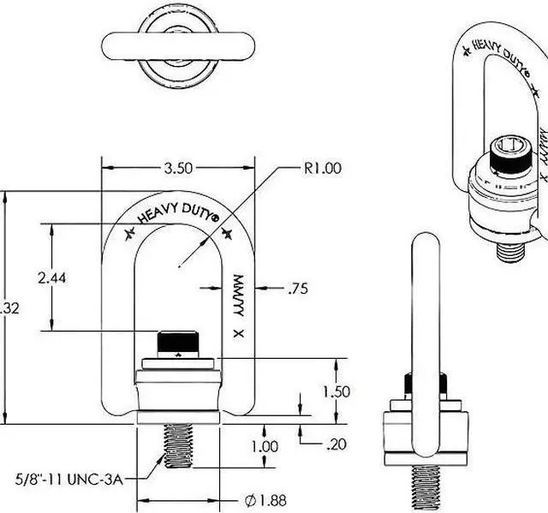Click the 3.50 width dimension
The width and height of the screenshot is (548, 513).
point(177,168)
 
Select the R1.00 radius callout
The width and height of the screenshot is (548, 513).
point(322,168)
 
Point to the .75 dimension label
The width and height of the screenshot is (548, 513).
point(297,289)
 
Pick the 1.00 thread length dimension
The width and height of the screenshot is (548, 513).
point(265,446)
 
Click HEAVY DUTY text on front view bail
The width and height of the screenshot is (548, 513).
point(177,215)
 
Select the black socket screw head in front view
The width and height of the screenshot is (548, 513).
point(177,341)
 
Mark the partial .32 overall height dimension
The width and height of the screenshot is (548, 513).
point(9,308)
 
